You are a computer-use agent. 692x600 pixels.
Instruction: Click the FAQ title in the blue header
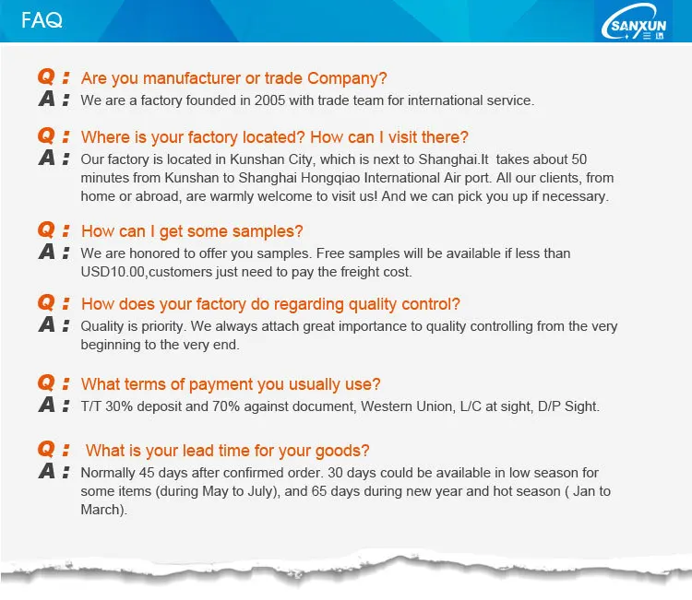tap(42, 20)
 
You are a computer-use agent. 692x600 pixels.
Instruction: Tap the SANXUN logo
tap(634, 22)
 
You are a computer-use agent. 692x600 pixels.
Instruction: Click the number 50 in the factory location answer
tap(579, 159)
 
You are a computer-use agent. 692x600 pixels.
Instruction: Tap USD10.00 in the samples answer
tap(113, 272)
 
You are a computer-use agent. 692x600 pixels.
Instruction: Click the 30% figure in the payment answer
tap(119, 406)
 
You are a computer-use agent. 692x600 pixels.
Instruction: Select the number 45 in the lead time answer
tap(147, 473)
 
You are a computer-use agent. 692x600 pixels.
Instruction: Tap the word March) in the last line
tap(103, 510)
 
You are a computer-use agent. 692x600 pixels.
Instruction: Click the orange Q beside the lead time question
tap(46, 449)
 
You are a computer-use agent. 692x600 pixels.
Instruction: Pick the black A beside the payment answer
tap(47, 405)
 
